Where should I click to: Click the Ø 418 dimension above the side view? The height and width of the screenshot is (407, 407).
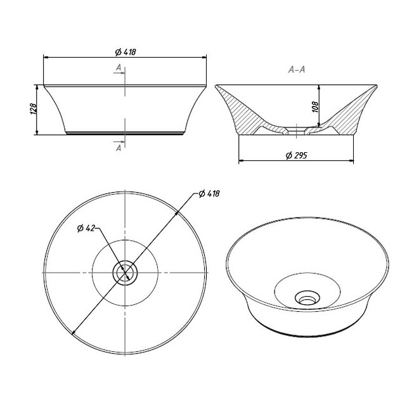[x=126, y=52]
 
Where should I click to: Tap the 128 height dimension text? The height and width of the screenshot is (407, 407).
[x=34, y=109]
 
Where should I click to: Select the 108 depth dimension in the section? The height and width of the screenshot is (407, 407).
[x=315, y=107]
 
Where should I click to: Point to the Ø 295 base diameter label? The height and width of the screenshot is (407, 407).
[x=296, y=155]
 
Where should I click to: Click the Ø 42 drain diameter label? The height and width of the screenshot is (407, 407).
[x=86, y=228]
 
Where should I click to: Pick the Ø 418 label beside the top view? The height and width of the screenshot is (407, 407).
[x=209, y=193]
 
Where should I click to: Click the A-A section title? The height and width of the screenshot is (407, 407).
[x=297, y=69]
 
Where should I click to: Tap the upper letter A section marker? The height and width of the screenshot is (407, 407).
[x=119, y=67]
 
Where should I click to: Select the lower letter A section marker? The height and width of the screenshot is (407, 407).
[x=119, y=148]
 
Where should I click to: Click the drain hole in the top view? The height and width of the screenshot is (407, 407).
[x=125, y=273]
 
